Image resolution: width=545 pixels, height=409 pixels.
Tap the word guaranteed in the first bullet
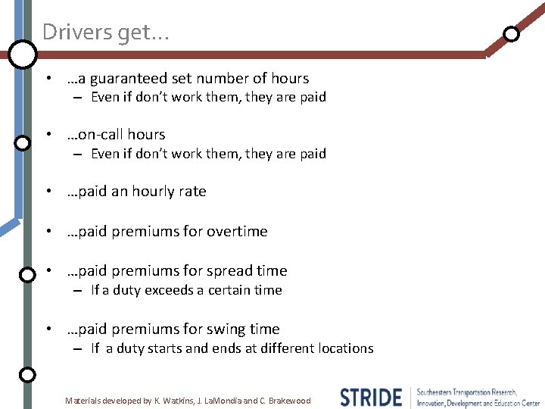point(135,78)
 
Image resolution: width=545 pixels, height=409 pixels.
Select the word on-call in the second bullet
point(95,134)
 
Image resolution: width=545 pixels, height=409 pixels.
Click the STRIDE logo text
point(371,398)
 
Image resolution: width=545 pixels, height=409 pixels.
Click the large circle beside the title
point(23,53)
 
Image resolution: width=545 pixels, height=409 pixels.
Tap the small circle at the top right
point(512,33)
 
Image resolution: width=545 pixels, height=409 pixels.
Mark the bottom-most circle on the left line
point(26,374)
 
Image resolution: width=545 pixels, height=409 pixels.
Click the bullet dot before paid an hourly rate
point(48,192)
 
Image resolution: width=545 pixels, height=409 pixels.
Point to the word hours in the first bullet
point(289,78)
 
